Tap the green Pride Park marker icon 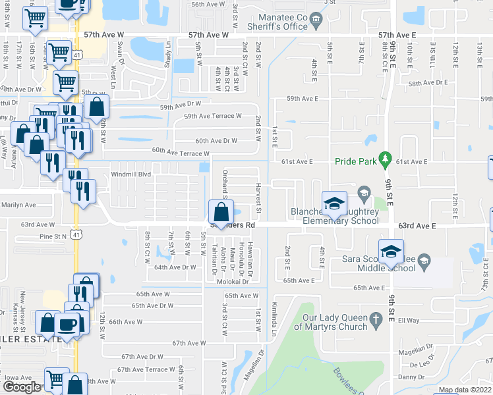386,160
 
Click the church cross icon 376,321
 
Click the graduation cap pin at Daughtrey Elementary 334,203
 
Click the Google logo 22,387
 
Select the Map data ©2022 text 465,390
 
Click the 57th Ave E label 397,33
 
